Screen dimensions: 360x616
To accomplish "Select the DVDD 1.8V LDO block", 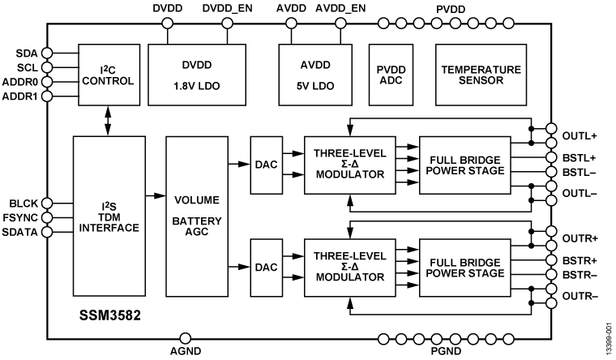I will click(196, 75).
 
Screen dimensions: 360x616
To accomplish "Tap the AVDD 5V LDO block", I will click(313, 75).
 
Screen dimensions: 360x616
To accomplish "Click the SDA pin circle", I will click(47, 53).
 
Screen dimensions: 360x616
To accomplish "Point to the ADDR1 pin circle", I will click(47, 96).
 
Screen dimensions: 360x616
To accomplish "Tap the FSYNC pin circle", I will click(47, 217).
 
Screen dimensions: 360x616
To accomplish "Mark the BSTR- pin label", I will click(578, 275).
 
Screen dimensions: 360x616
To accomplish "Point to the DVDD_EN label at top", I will click(227, 9).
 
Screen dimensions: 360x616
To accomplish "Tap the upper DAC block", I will click(265, 165).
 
